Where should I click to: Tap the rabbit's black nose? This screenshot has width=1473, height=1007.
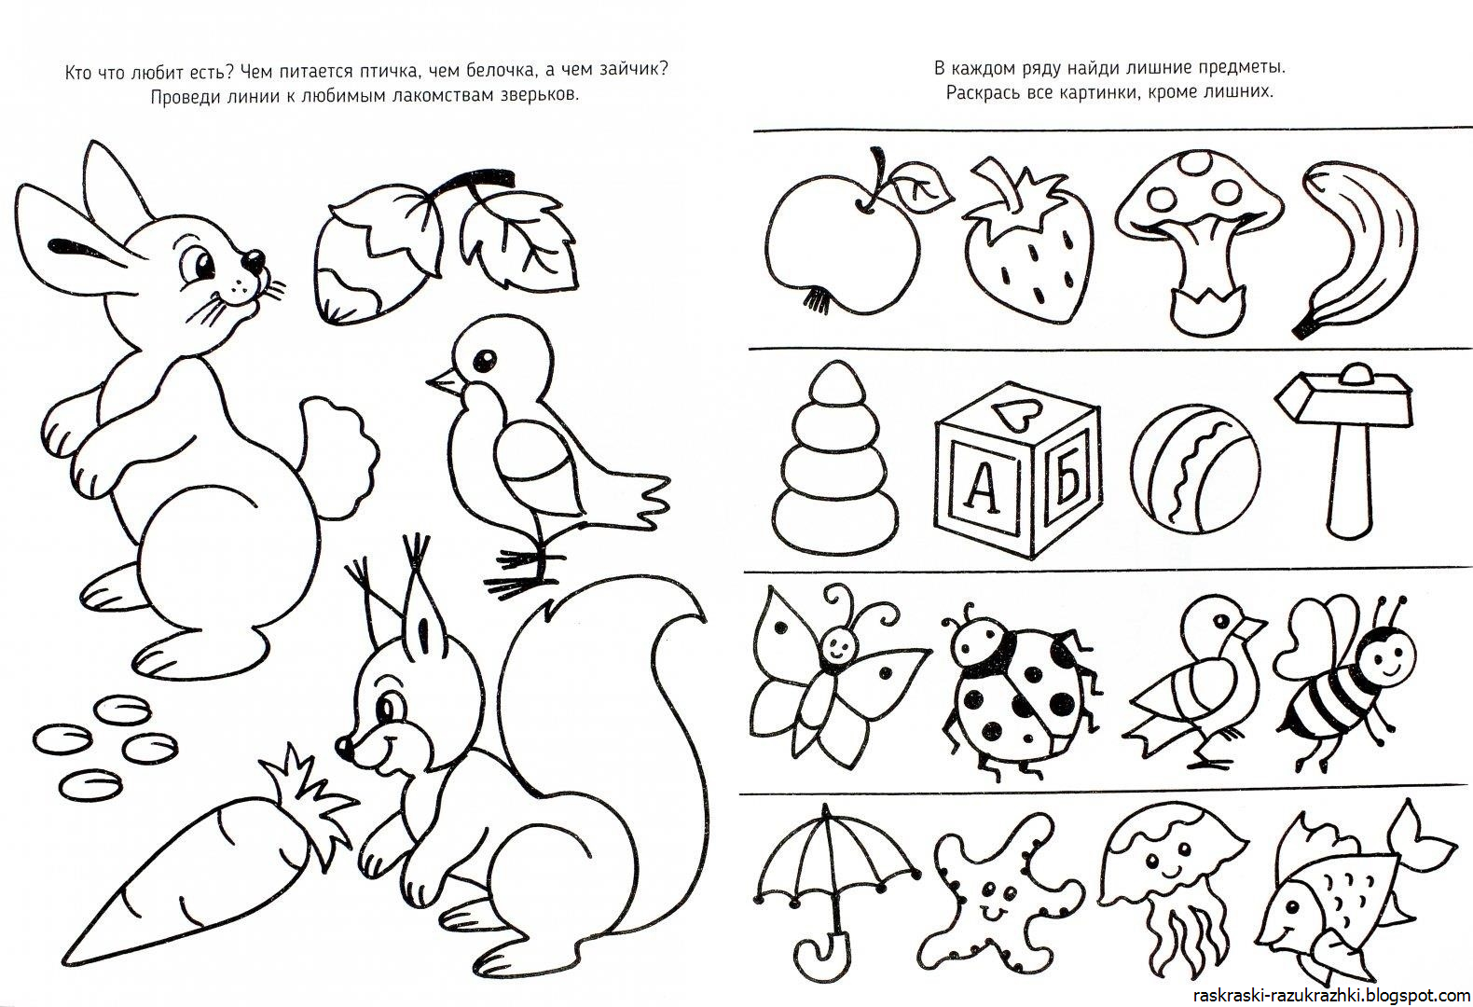pos(254,260)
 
